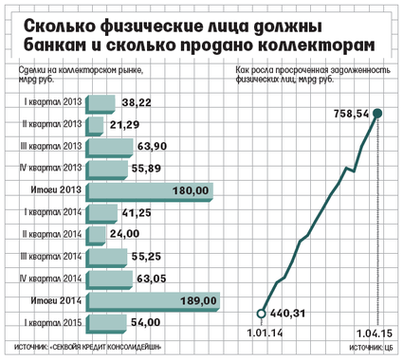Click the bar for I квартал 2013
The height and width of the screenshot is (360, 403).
(x=101, y=104)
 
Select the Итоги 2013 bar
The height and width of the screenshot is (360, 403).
(x=149, y=192)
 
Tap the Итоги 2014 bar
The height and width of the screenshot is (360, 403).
(x=153, y=302)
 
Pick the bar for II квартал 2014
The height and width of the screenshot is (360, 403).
(x=96, y=236)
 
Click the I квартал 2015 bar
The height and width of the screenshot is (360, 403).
(x=106, y=324)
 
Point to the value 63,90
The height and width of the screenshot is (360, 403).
(x=152, y=147)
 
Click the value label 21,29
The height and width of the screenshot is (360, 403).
(x=124, y=125)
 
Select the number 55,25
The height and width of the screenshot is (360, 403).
(x=146, y=257)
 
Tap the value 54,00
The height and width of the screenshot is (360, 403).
(x=145, y=322)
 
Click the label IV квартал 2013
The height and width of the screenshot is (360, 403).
(x=50, y=168)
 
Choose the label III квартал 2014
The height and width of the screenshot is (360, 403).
(x=50, y=256)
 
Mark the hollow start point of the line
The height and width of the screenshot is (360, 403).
(x=261, y=314)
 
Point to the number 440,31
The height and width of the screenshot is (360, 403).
(x=287, y=314)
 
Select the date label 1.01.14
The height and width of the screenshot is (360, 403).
(x=265, y=333)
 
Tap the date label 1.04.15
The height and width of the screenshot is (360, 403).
(x=375, y=333)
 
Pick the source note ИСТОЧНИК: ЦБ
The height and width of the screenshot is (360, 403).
(x=371, y=348)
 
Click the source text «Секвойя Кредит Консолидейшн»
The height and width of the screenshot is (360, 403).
(x=106, y=347)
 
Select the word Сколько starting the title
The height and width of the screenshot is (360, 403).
(x=59, y=27)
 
